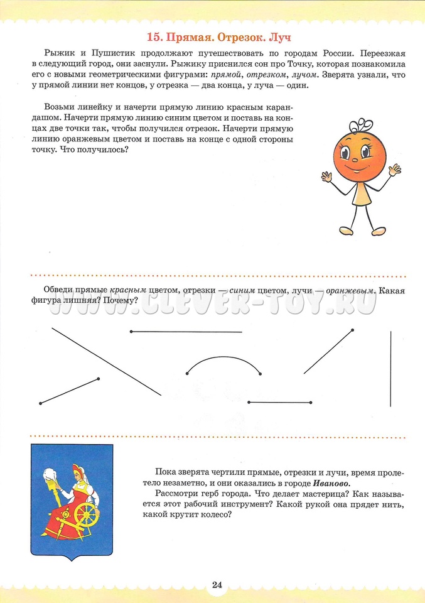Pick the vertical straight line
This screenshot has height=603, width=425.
391,369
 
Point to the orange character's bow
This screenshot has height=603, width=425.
363,125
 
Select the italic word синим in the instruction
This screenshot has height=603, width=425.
244,290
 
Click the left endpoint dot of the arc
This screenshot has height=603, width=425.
187,374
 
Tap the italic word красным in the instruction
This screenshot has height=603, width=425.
128,290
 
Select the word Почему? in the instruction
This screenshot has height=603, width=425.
122,301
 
